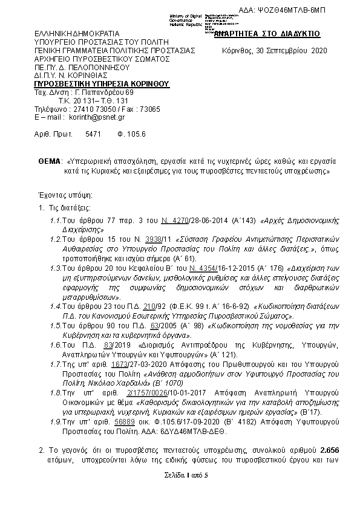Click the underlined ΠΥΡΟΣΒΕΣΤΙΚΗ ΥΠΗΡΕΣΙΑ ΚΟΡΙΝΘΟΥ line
pos(101,83)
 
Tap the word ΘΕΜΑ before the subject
pos(50,162)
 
